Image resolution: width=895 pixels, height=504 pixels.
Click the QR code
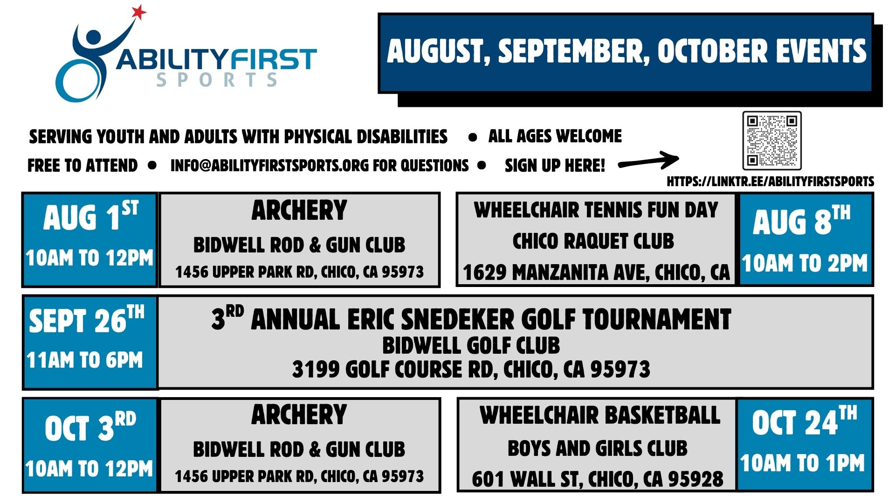click(x=772, y=140)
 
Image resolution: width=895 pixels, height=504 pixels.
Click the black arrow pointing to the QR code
click(x=648, y=161)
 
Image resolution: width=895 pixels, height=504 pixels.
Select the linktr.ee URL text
click(x=771, y=182)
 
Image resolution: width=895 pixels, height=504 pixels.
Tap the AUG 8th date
click(x=802, y=220)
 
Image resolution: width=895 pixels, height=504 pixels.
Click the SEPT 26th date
click(x=87, y=320)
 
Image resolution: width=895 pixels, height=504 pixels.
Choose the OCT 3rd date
click(x=90, y=426)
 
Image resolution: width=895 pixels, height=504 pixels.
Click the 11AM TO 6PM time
click(x=85, y=360)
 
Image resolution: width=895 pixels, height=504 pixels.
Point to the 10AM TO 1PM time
click(x=803, y=463)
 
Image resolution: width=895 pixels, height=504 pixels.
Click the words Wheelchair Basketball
click(x=600, y=415)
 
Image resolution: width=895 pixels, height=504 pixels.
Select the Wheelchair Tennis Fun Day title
click(x=596, y=210)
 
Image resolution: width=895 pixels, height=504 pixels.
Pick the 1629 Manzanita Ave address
click(x=596, y=273)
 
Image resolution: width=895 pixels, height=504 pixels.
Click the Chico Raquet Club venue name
click(x=593, y=241)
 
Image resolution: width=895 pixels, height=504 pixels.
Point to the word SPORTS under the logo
click(x=217, y=80)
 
